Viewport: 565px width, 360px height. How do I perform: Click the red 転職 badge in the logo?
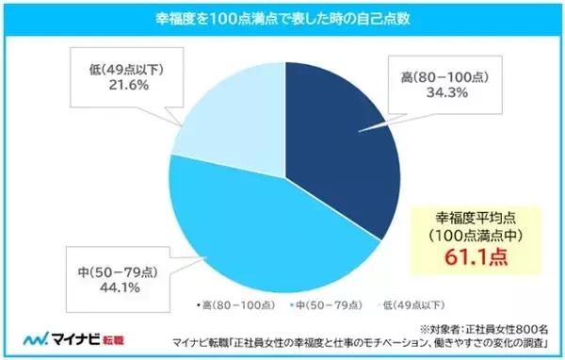111,337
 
